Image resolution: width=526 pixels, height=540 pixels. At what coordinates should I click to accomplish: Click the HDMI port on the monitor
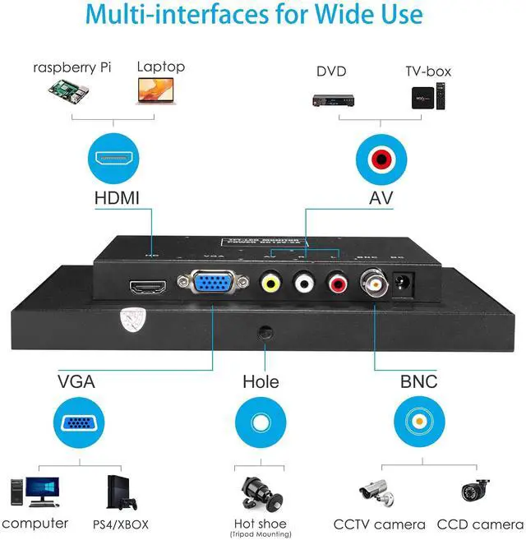(x=148, y=288)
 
